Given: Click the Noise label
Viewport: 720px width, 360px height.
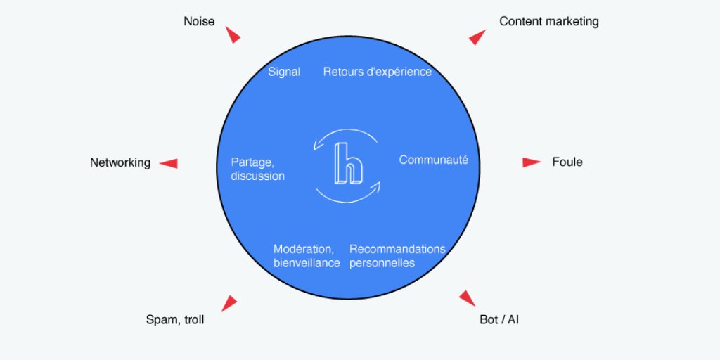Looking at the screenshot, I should point(199,21).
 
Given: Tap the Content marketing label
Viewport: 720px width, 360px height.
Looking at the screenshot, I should point(548,21).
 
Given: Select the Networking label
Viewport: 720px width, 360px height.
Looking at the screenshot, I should point(120,162).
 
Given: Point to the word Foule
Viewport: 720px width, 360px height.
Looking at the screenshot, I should point(567,162).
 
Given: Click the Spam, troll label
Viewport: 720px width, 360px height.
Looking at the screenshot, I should point(175,320).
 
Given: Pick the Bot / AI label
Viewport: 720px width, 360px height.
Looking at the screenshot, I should point(499,320).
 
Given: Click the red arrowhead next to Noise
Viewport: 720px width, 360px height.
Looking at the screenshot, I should point(233,35).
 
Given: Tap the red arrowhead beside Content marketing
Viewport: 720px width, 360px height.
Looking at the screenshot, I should point(477,37).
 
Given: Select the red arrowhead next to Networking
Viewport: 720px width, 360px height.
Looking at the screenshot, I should point(169,163).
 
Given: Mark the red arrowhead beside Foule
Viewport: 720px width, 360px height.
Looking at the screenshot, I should point(531,162).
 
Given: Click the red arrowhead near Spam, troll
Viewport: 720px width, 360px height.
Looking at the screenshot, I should point(229,303).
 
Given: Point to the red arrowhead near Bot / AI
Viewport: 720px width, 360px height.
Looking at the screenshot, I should point(468,298).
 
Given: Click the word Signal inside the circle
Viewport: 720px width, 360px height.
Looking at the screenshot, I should point(284,72).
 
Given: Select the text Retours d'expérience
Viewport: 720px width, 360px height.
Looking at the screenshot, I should point(378,72).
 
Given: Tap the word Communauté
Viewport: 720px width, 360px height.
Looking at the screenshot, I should point(433,160).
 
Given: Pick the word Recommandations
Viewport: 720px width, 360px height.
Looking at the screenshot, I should point(397,249).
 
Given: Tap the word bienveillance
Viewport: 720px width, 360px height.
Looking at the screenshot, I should point(307,263).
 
